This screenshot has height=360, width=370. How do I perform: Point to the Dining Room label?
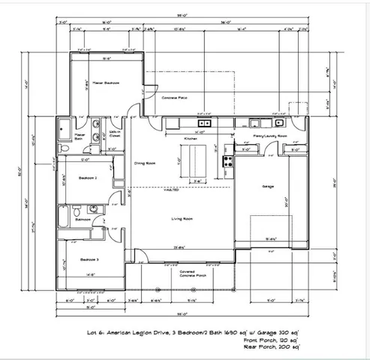click(144, 163)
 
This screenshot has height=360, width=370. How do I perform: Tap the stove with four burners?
click(227, 160)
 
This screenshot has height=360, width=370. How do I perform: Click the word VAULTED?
click(172, 190)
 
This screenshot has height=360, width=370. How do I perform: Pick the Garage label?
click(268, 186)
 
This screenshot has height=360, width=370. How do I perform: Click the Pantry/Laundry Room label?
click(270, 136)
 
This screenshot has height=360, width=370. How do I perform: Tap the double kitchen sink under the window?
click(203, 123)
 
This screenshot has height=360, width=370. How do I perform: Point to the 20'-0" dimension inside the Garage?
click(286, 205)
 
